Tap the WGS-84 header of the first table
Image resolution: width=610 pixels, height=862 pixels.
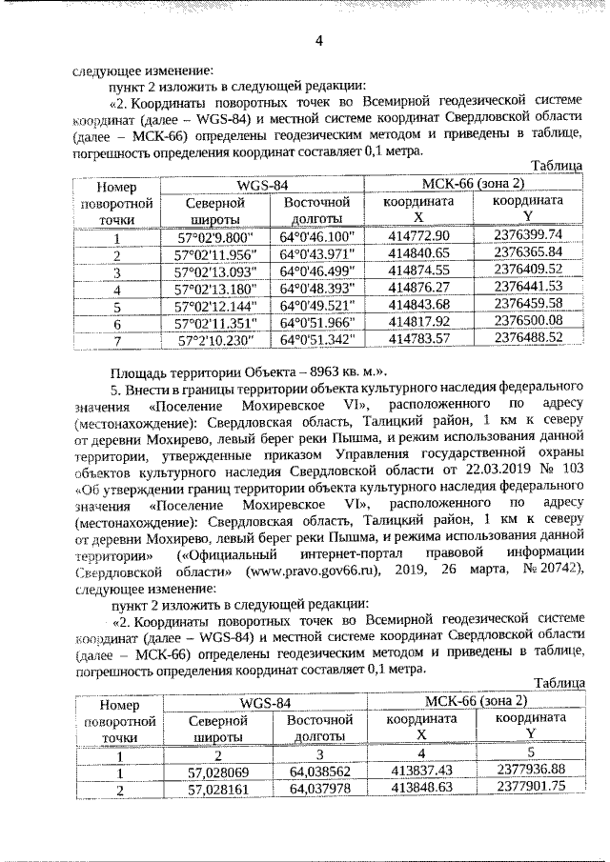[262, 184]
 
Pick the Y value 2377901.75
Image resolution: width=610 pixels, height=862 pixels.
[530, 786]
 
